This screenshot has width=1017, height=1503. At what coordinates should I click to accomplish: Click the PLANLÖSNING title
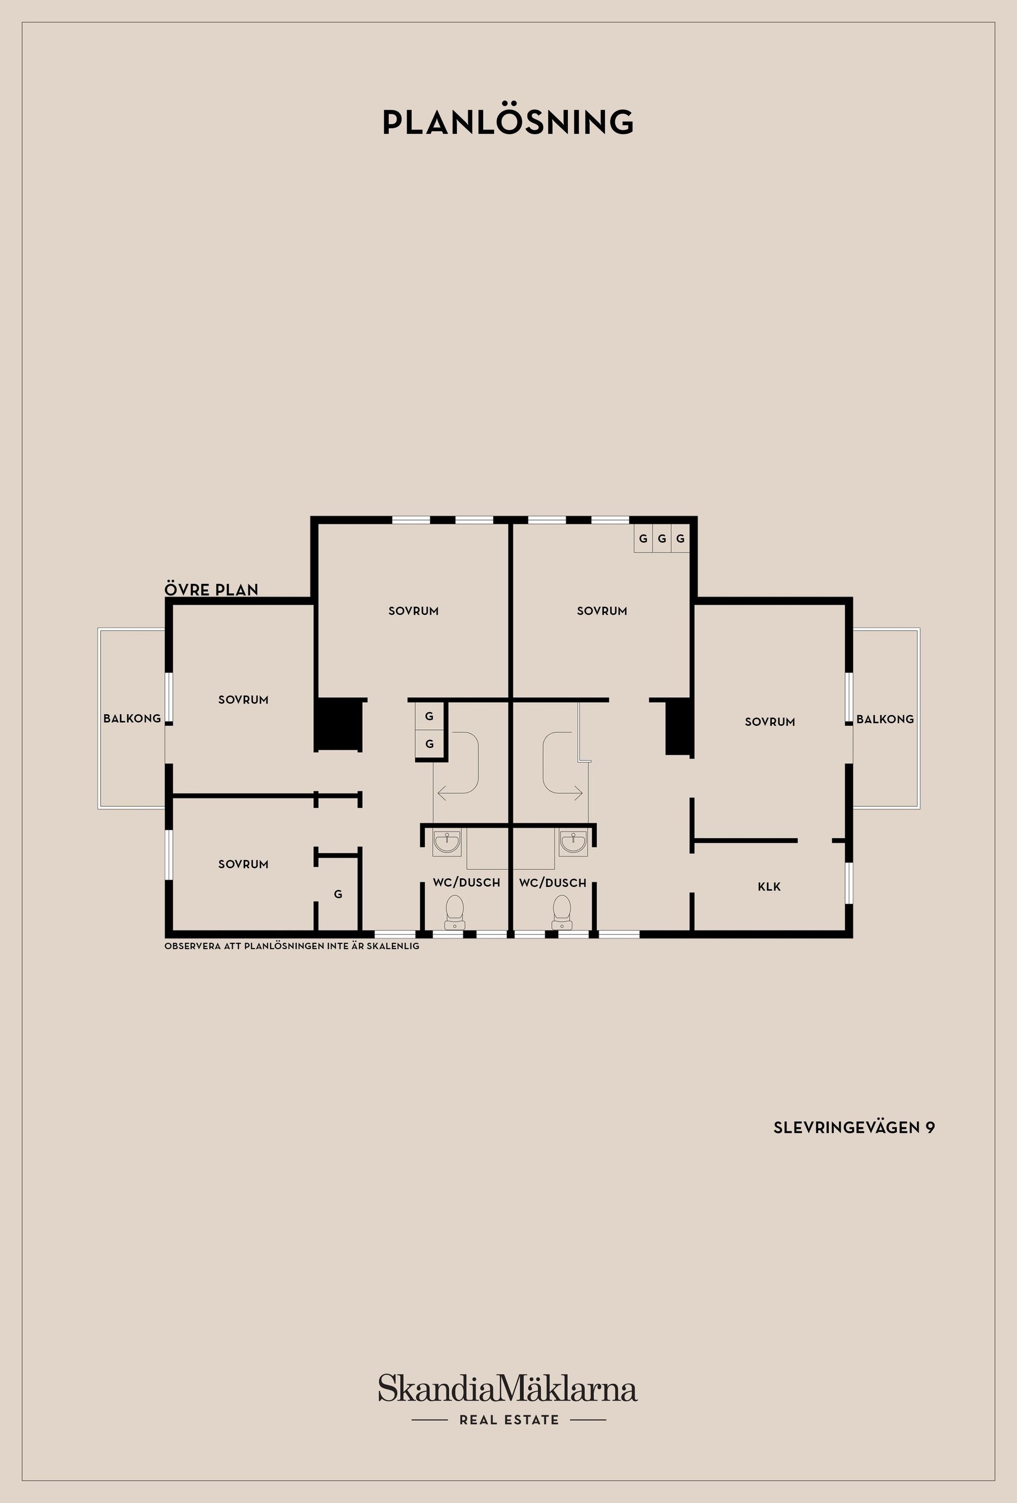pos(508,122)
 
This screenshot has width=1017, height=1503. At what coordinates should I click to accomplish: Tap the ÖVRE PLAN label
pos(211,590)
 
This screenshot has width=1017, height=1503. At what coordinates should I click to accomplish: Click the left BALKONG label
pos(132,718)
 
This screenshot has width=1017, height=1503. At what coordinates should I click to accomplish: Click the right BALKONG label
pos(885,719)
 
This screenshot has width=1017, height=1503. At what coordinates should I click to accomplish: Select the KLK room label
pos(769,887)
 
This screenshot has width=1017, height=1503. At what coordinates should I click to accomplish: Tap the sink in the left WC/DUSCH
pos(447,843)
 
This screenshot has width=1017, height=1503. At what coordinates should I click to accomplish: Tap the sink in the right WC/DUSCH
pos(573,843)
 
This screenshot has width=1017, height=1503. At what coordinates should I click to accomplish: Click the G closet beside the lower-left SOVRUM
pos(338,894)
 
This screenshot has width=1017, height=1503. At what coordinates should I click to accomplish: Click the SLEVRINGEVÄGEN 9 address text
pos(853,1127)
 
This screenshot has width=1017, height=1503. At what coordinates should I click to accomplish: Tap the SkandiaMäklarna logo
pos(508,1389)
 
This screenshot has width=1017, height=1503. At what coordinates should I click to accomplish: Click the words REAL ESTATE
pos(509,1420)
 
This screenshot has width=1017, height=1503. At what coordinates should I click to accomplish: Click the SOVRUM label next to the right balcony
pos(769,722)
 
